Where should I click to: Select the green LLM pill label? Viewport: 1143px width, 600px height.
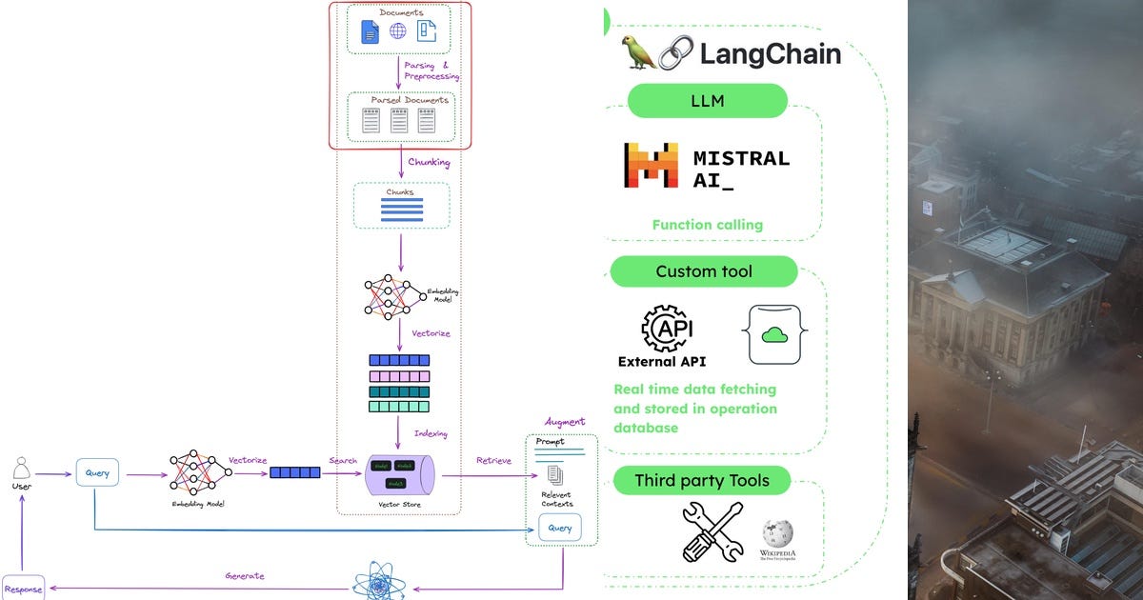707,101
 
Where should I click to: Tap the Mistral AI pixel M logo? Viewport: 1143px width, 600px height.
651,164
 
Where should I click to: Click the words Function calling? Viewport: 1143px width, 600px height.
708,225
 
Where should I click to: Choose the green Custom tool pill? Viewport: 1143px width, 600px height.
703,271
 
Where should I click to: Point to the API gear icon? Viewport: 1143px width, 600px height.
667,329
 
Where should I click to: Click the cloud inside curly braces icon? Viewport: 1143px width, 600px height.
772,334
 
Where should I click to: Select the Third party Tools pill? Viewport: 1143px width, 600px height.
701,480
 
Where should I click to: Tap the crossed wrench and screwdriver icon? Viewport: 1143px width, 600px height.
712,531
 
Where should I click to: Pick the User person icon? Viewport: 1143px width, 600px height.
22,469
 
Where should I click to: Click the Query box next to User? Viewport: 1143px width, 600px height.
97,472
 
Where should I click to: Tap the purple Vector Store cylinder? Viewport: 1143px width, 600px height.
400,473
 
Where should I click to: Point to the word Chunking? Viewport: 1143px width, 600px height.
429,162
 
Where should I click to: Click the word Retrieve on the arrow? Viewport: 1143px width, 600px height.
493,461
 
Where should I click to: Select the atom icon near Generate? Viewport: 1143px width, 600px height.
372,581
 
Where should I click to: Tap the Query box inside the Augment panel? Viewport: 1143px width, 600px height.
559,528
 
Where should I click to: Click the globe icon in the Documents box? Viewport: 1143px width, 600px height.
397,31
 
